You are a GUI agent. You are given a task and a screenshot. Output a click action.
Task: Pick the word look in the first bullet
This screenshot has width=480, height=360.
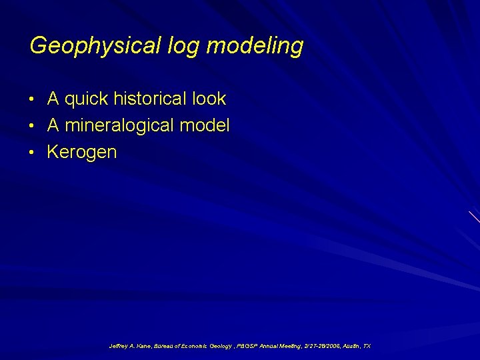(209, 99)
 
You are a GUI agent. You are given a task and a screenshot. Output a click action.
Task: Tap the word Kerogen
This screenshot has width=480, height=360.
(81, 152)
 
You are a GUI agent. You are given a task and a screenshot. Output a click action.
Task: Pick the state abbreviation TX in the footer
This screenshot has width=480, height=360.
(367, 347)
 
